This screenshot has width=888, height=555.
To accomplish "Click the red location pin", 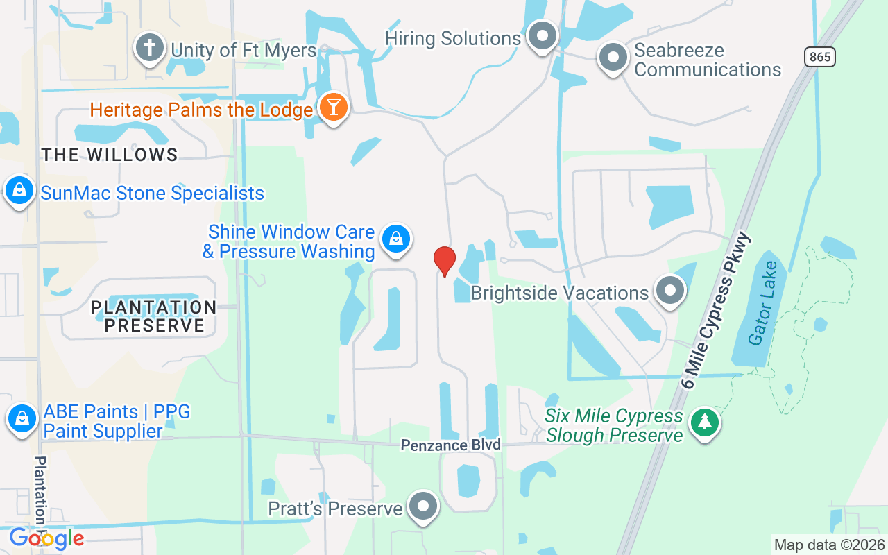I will [x=444, y=261].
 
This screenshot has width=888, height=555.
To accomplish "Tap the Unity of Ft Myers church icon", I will [x=149, y=48].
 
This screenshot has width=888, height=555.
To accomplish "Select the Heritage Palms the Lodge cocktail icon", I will [x=334, y=108].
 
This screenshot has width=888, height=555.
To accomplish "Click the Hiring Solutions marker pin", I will [x=543, y=35].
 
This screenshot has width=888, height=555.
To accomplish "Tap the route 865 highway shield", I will [x=820, y=57].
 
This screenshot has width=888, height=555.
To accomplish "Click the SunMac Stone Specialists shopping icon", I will [x=19, y=189].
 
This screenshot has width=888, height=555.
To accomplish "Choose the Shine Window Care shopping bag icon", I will [x=395, y=239].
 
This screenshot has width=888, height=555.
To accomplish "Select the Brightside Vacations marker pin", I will [x=669, y=291].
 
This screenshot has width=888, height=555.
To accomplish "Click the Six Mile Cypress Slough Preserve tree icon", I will [x=705, y=422].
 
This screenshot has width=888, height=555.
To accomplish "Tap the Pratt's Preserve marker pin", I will [x=422, y=507].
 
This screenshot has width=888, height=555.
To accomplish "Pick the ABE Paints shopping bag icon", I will [x=22, y=418].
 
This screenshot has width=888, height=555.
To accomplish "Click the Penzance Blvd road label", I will [x=450, y=445].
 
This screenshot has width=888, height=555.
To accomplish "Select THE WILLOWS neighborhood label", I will [x=110, y=155].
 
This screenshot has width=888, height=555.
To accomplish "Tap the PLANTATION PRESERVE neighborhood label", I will [x=153, y=316].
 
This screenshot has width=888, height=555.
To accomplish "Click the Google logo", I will [x=46, y=538].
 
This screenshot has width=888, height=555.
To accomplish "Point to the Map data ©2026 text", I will [x=829, y=545].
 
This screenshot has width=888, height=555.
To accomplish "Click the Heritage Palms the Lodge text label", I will [x=201, y=110].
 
